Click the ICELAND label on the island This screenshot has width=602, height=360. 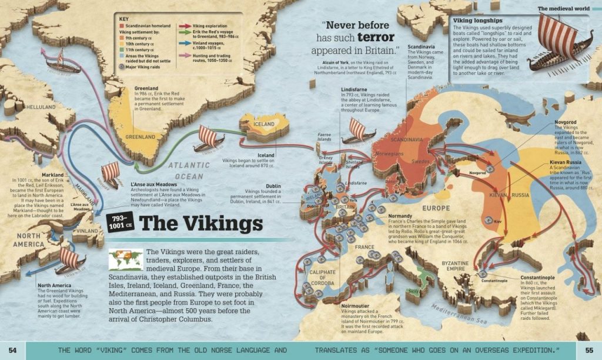[263, 125]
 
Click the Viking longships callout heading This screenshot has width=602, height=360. [480, 20]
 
